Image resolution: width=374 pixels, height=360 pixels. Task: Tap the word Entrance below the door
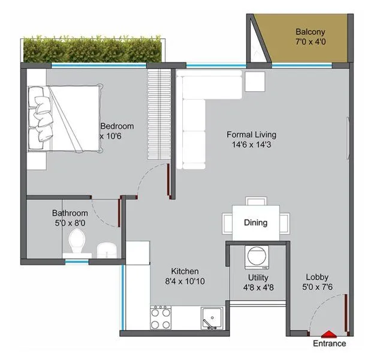tap(329, 344)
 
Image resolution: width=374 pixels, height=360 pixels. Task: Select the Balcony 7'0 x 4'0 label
tap(310, 37)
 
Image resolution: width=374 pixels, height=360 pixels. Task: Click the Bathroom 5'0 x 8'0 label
tap(70, 218)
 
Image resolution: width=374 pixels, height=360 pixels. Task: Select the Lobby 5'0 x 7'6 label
tap(317, 282)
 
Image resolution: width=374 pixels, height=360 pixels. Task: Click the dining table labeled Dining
tap(256, 222)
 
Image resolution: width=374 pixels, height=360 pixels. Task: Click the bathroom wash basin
tap(107, 249)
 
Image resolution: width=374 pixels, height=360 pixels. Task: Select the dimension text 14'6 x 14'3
tap(251, 145)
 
